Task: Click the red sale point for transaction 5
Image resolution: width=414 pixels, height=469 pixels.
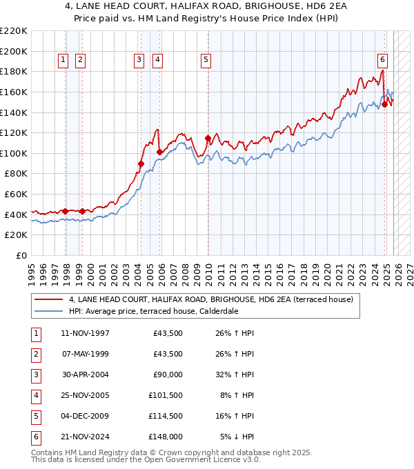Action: (208, 138)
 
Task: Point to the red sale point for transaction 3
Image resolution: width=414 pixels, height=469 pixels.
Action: (141, 163)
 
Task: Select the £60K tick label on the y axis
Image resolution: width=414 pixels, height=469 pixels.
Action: (17, 194)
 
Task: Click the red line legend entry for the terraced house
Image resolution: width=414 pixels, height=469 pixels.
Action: (210, 300)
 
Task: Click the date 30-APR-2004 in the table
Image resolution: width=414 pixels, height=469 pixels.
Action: (86, 375)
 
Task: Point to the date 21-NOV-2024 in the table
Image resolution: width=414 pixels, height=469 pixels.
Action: (86, 437)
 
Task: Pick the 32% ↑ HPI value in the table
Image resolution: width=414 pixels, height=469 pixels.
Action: (236, 375)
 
